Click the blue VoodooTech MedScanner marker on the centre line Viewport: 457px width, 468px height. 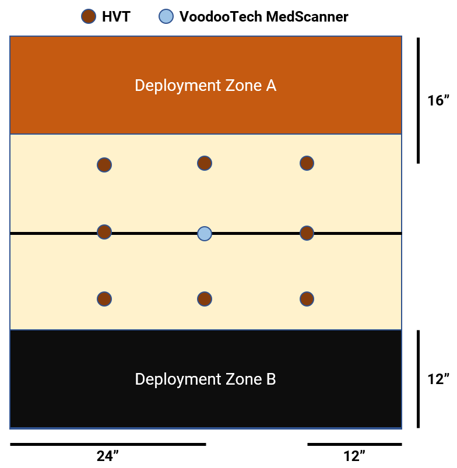204,234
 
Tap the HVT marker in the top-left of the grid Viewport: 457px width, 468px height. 104,165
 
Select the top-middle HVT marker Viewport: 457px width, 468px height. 204,163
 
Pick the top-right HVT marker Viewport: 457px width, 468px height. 307,163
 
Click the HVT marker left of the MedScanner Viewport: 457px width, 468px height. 104,232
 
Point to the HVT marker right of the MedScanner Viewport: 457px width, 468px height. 307,233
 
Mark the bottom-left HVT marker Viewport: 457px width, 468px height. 104,299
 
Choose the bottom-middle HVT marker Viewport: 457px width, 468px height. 204,299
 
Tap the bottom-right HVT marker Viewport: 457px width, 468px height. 307,299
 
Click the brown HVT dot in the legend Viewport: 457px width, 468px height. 89,17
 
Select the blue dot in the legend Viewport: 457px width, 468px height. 166,17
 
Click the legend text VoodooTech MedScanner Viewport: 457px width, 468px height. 263,17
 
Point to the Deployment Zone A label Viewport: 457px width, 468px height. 205,86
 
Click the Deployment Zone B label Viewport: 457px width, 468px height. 205,379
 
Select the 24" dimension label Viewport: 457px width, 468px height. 108,456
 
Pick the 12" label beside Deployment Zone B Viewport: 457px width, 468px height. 438,379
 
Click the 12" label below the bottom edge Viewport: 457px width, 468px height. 354,456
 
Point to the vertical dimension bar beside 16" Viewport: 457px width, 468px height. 418,101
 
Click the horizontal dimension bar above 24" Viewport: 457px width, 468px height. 108,444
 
